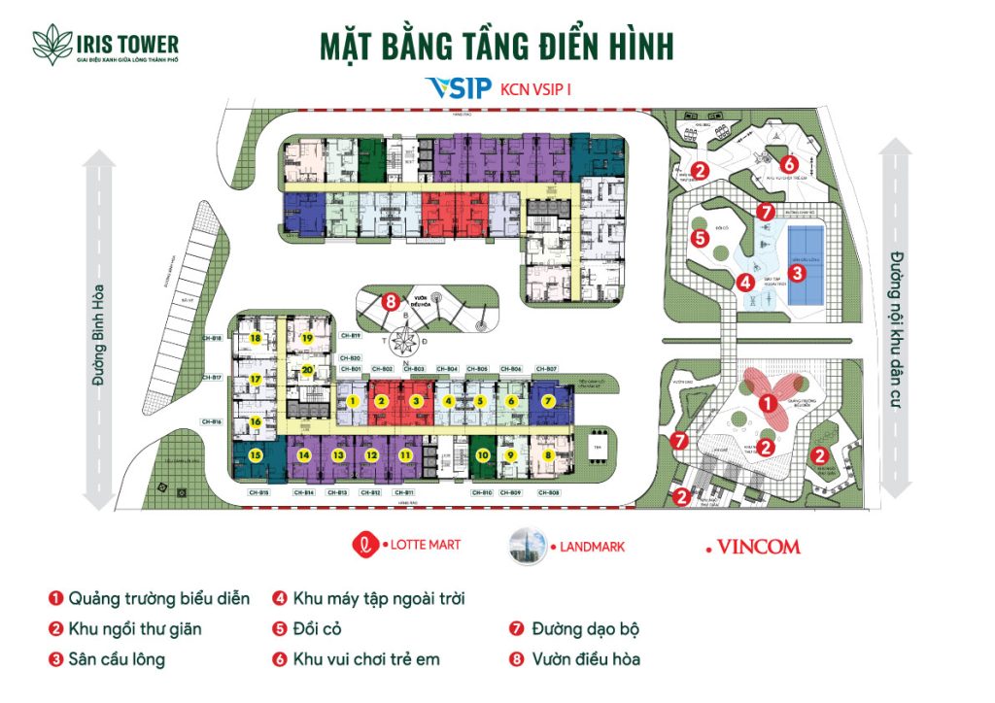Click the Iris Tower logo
[105, 47]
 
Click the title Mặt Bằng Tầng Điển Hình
[496, 47]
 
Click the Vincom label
[757, 547]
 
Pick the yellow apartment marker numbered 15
[256, 454]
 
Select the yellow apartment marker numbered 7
[548, 401]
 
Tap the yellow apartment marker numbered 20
[307, 370]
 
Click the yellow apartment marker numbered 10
[482, 454]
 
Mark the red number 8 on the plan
[391, 302]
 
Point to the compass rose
[405, 342]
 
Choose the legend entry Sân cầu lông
[117, 659]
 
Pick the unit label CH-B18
[213, 338]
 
